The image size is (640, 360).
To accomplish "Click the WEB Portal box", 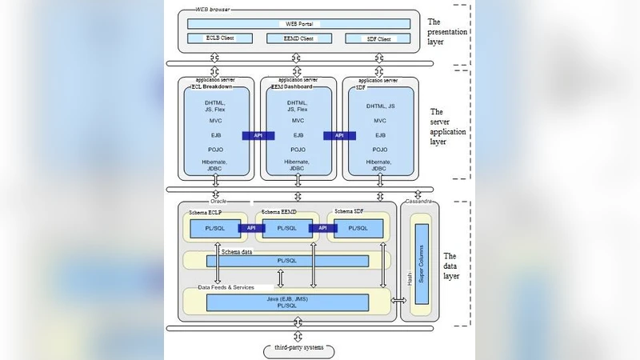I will point(298,24).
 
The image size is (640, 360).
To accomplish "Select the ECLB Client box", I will point(219,38).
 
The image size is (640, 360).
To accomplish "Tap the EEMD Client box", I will point(298,38).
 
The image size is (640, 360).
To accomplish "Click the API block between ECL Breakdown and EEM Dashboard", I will point(258,136).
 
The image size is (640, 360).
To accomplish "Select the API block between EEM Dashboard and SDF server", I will point(339,136).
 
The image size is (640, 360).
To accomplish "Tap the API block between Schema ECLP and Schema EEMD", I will point(251,228).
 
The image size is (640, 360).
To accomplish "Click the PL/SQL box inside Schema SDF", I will point(358,228).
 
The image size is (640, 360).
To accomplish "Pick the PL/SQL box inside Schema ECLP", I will point(214,228).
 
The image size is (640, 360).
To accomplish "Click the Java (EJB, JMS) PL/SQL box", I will point(287,302).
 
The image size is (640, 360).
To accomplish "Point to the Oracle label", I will point(218,202).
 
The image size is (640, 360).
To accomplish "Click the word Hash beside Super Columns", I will point(409,277).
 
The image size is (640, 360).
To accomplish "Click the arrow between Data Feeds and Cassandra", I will point(399,301).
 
